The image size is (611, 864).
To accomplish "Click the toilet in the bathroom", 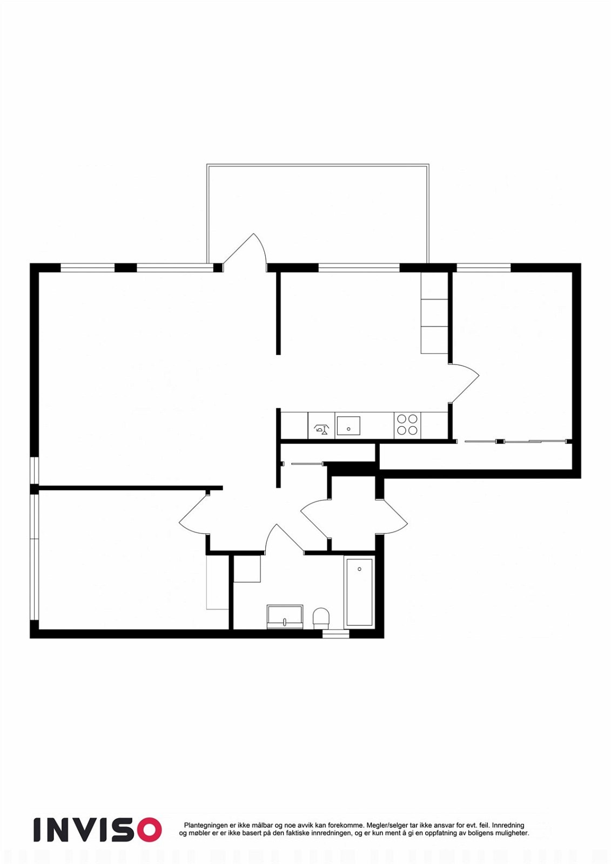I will tap(321, 617).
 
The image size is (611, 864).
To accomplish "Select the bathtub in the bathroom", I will tap(359, 592).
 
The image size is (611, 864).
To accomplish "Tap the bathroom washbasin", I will tap(285, 616).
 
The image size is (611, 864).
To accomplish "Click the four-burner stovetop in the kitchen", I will tap(407, 424).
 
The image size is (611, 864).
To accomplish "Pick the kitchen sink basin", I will tap(348, 426).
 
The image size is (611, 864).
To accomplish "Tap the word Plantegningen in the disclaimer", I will tap(205, 826).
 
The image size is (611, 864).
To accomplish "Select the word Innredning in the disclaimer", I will tap(508, 826).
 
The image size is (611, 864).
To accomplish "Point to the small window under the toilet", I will tap(335, 634).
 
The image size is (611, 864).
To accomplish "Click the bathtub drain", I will tap(359, 569).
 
